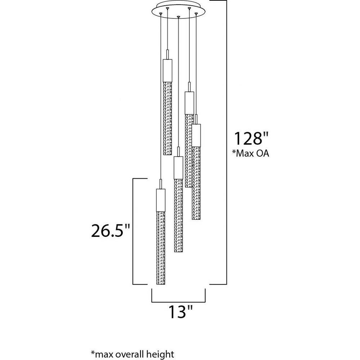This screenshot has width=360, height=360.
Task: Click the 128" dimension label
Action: click(251, 138)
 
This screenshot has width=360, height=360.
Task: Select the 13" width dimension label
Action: click(180, 311)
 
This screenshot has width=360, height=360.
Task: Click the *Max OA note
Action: click(251, 153)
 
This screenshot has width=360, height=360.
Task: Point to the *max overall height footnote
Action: click(132, 354)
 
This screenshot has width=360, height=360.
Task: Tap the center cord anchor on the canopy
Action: click(179, 17)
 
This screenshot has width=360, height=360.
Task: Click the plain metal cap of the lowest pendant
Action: click(161, 200)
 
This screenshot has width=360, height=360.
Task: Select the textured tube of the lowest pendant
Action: click(161, 248)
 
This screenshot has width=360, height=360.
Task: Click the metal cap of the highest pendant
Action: click(167, 71)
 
